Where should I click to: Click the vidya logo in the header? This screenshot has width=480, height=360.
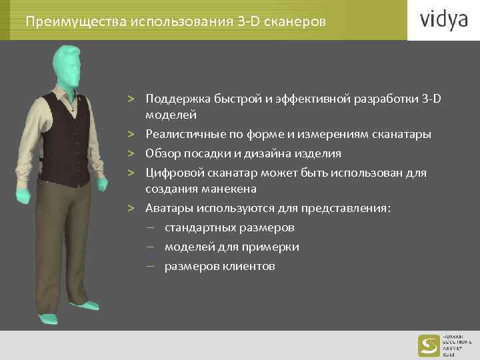[x=443, y=20]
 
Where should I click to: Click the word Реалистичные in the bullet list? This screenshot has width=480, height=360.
[x=181, y=135]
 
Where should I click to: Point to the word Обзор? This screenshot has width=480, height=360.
[x=162, y=153]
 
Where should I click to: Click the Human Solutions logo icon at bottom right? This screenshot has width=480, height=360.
[x=427, y=345]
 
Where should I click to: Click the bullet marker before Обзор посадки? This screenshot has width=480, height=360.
[x=133, y=154]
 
